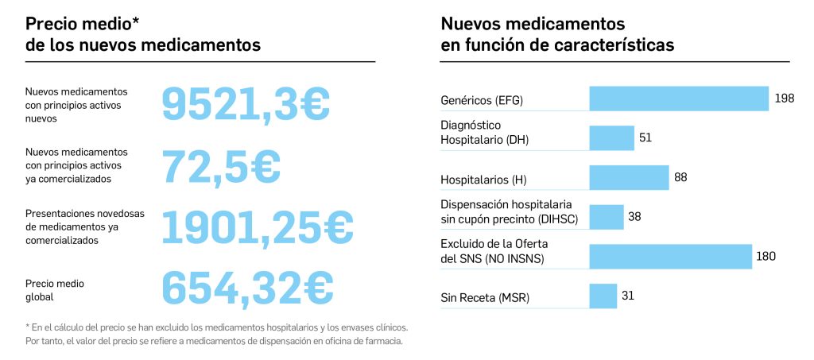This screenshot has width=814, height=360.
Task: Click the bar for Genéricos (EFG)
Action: [679, 99]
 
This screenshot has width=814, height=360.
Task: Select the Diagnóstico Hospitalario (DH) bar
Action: [611, 137]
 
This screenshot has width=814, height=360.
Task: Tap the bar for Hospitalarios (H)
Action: [629, 177]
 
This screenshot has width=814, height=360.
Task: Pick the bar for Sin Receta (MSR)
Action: [603, 296]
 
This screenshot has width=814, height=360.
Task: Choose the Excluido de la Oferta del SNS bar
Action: [670, 257]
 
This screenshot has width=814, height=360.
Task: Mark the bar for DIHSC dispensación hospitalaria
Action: [606, 217]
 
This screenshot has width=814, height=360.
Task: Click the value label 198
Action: [784, 99]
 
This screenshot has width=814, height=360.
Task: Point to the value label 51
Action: [645, 137]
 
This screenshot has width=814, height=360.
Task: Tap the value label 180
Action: [766, 256]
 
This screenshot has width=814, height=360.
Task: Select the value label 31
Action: [627, 296]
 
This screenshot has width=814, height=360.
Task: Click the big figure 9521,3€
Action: [246, 103]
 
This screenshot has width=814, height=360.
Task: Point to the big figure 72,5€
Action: [221, 165]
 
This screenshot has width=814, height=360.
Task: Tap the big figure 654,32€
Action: [247, 287]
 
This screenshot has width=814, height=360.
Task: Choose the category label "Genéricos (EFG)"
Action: [482, 101]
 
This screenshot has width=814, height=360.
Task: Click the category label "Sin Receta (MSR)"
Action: [485, 299]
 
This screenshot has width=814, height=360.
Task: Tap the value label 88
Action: [680, 177]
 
